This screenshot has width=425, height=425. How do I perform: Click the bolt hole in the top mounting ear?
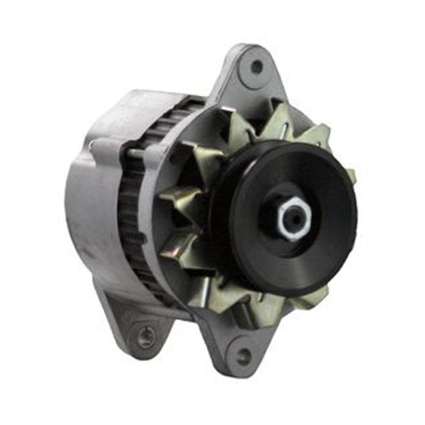257,67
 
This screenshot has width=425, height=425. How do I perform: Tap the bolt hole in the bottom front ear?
244,356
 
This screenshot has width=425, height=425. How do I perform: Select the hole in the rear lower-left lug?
146,336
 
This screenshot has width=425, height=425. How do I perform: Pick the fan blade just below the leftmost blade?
178,241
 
